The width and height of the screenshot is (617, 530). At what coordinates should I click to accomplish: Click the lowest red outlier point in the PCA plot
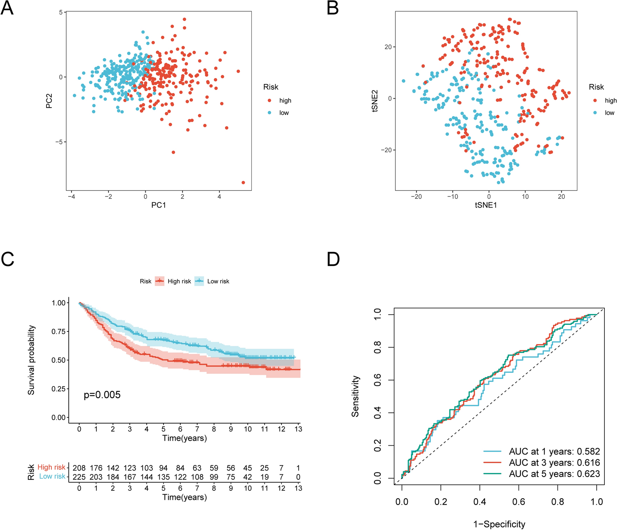(243, 182)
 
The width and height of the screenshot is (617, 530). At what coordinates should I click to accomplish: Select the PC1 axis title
(159, 205)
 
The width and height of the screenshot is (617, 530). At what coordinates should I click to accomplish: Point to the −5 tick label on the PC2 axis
(59, 142)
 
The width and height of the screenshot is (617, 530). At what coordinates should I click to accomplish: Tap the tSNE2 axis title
(375, 101)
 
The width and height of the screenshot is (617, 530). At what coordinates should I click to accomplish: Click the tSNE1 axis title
(486, 205)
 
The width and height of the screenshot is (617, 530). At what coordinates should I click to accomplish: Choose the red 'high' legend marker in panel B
(595, 100)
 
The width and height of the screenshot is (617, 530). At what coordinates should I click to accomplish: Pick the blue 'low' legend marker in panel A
(269, 113)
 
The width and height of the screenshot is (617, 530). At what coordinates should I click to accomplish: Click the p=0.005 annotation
(102, 395)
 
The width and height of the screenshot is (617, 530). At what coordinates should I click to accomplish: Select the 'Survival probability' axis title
(31, 360)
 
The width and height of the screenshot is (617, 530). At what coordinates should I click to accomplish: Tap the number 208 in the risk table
(79, 468)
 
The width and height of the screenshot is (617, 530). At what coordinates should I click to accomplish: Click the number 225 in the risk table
(79, 477)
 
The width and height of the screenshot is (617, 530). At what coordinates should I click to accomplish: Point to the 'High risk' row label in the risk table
(51, 467)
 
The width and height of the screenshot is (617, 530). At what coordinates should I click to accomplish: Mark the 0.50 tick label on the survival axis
(58, 360)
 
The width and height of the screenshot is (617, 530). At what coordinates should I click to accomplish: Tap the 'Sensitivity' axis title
(355, 396)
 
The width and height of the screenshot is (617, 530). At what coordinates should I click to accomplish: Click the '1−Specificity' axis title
(499, 524)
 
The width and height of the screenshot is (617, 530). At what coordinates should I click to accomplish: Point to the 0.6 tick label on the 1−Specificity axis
(519, 502)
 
